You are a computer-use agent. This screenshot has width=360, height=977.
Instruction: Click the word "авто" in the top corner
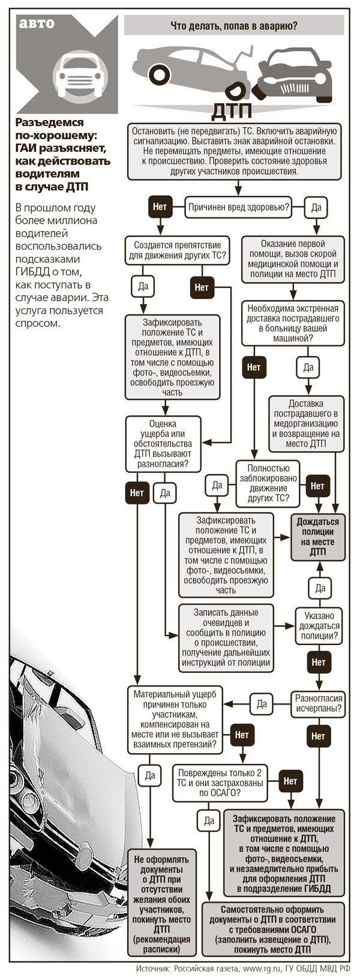click(x=37, y=24)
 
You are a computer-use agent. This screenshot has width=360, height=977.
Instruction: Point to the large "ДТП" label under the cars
click(x=235, y=111)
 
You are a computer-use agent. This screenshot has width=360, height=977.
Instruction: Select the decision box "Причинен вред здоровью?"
click(x=239, y=208)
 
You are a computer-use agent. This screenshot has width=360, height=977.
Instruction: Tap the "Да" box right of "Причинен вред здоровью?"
click(x=316, y=208)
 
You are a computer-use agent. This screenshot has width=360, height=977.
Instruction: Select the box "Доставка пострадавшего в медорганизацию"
click(x=306, y=424)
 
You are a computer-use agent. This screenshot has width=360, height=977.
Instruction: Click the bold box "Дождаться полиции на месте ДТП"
click(x=319, y=537)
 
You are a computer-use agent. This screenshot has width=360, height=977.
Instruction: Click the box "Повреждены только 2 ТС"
click(x=220, y=782)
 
